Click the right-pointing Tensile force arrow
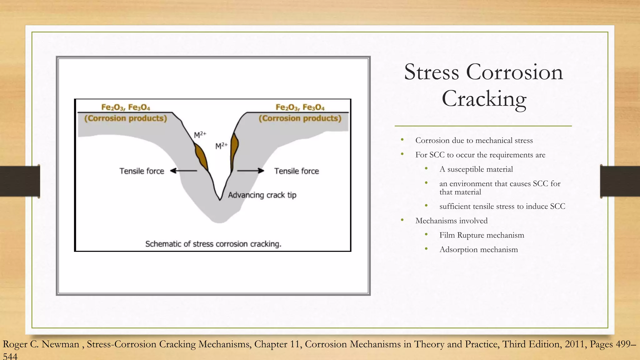tap(251, 171)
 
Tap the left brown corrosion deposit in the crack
tap(201, 157)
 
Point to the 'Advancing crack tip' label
tap(262, 195)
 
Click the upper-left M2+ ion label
tap(200, 135)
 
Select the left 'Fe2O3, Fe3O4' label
tap(126, 107)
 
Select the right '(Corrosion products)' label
tap(300, 118)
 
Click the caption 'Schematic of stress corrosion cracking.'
tap(213, 244)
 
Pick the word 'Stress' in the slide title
tap(432, 72)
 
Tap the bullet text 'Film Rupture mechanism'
tap(482, 235)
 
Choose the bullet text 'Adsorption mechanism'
tap(478, 250)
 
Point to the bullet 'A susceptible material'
tap(476, 169)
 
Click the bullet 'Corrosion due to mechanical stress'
tap(474, 141)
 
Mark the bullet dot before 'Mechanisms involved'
tap(402, 220)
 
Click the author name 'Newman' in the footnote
tap(61, 344)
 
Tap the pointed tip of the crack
tap(220, 199)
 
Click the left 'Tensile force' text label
tap(142, 171)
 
